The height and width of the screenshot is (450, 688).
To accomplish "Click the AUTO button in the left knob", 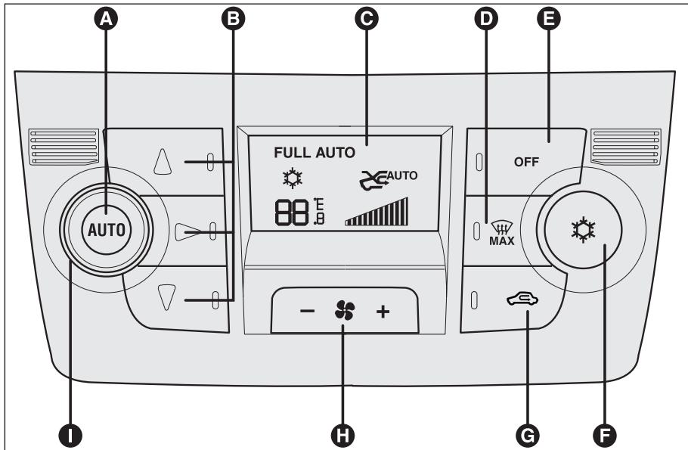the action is pyautogui.click(x=107, y=230).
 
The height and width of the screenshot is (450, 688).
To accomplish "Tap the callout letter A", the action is pyautogui.click(x=106, y=19).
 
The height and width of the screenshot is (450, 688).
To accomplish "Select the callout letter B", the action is pyautogui.click(x=234, y=19).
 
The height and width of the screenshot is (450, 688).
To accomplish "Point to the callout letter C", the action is pyautogui.click(x=367, y=19).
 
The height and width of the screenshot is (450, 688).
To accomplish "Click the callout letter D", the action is pyautogui.click(x=486, y=19).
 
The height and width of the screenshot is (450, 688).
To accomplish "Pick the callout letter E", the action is pyautogui.click(x=549, y=19).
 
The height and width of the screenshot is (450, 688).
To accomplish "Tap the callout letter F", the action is pyautogui.click(x=605, y=436).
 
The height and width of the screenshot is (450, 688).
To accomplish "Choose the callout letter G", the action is pyautogui.click(x=528, y=436).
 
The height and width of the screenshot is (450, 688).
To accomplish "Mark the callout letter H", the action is pyautogui.click(x=342, y=436).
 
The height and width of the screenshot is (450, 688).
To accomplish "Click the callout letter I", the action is pyautogui.click(x=70, y=436).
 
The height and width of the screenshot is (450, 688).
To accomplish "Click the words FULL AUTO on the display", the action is pyautogui.click(x=315, y=153).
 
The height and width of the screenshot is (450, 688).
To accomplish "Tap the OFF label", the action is pyautogui.click(x=526, y=162).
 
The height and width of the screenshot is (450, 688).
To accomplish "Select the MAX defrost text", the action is pyautogui.click(x=501, y=241).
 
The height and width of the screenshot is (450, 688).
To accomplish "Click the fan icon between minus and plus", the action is pyautogui.click(x=345, y=310).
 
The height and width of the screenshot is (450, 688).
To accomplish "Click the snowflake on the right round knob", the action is pyautogui.click(x=583, y=229).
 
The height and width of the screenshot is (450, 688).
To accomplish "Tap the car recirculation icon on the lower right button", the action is pyautogui.click(x=522, y=299).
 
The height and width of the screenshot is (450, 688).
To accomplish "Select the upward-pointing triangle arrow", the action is pyautogui.click(x=163, y=162).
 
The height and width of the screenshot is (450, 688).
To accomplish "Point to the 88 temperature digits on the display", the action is pyautogui.click(x=292, y=213).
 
